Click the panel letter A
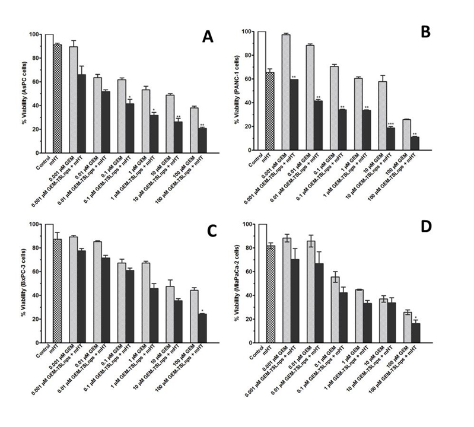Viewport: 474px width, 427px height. [x=207, y=37]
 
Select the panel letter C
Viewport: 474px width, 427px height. [x=209, y=231]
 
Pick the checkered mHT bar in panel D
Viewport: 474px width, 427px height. [x=270, y=294]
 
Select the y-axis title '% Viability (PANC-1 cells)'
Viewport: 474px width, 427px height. [x=238, y=92]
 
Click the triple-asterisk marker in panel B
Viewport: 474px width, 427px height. [x=390, y=123]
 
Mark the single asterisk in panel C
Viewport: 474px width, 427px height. [x=203, y=310]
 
